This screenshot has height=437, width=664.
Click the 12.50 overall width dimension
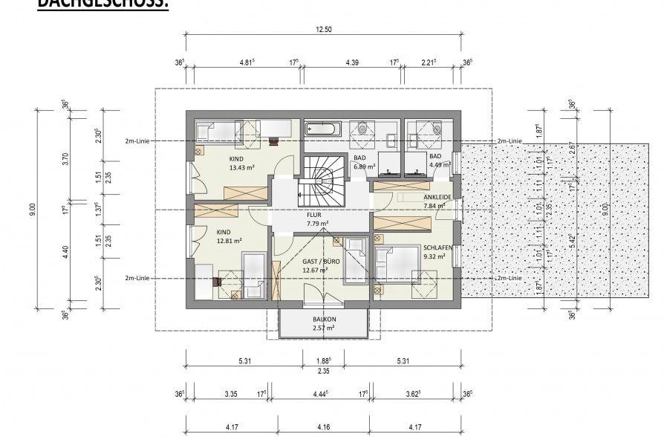coord(323,29)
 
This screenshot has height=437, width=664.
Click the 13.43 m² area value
coord(241,168)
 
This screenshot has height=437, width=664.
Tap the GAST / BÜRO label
coord(321,262)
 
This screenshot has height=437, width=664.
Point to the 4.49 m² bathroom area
coord(440,166)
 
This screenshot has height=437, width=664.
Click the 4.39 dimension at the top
coord(352,63)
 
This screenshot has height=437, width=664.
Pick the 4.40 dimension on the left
coord(65,253)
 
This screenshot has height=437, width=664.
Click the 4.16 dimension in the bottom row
coord(323,427)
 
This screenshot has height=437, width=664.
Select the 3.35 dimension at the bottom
coord(232,394)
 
